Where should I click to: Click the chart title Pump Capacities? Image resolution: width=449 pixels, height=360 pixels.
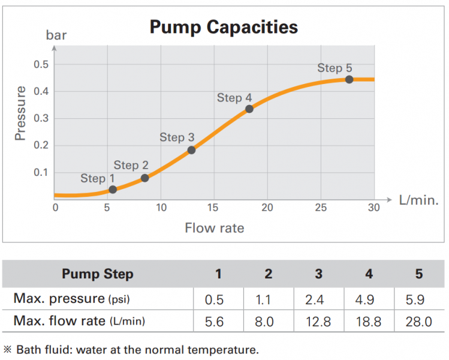223,27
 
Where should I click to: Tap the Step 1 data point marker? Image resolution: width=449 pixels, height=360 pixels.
113,190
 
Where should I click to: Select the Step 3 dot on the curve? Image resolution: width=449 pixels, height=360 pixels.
191,150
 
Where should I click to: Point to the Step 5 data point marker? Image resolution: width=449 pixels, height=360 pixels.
349,79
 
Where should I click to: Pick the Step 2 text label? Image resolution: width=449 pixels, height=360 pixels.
131,165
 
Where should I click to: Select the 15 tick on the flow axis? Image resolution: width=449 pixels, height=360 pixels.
213,208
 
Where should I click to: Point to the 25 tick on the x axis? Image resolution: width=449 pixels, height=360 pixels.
321,208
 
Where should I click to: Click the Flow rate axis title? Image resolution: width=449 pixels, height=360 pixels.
214,228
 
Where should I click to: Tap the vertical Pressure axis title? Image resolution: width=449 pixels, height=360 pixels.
21,113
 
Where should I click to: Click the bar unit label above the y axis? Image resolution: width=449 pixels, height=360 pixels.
56,35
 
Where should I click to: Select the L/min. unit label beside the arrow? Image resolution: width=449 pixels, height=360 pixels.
418,200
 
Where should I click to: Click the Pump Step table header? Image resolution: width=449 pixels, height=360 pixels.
97,274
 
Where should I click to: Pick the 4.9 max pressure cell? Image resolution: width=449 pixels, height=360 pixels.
369,298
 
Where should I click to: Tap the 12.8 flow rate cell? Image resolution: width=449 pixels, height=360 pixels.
318,322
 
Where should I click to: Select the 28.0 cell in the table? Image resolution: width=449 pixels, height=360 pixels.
418,322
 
